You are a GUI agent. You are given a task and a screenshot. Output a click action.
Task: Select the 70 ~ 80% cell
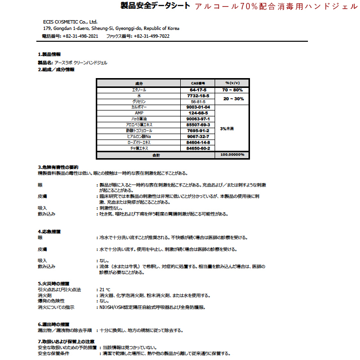[232, 90]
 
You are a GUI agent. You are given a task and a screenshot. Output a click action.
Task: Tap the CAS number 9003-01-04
[198, 107]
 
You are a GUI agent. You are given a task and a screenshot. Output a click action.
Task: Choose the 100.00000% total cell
[232, 155]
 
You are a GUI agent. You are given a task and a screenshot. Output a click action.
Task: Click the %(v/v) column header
[232, 83]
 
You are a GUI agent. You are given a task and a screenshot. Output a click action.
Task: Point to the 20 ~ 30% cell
[232, 99]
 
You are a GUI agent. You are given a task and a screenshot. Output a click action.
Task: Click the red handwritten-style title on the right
[277, 7]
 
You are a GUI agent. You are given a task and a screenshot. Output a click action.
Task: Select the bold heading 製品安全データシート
[156, 6]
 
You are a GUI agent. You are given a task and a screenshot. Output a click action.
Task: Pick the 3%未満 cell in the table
[227, 129]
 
